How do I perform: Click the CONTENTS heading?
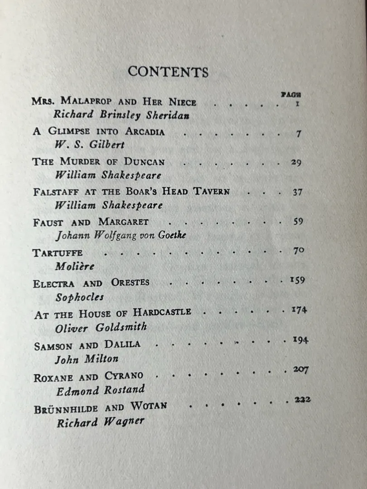(x=168, y=72)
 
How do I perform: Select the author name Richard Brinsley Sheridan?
(x=121, y=115)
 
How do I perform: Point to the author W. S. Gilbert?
(x=89, y=145)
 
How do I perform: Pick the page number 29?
(x=296, y=163)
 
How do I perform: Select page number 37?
(x=297, y=192)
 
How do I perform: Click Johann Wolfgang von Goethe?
(x=121, y=235)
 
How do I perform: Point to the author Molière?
(x=75, y=266)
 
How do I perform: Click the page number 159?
(x=297, y=280)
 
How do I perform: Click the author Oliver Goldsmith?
(x=101, y=328)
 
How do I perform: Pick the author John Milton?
(x=87, y=359)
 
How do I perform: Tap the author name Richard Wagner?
(x=100, y=422)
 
